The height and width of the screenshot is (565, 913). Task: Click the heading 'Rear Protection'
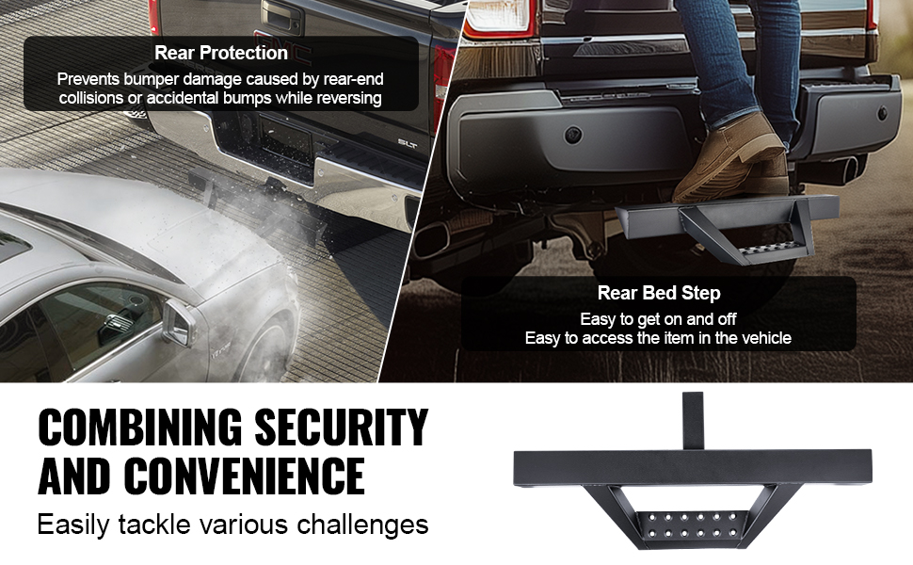click(221, 53)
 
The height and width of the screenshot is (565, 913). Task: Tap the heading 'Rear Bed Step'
click(659, 293)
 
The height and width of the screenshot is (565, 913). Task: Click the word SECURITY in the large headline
click(342, 428)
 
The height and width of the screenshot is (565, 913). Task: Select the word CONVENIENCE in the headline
click(244, 476)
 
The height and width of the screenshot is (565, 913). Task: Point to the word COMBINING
click(139, 428)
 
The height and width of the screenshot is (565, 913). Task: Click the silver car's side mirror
click(179, 322)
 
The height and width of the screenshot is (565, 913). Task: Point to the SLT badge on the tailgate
click(407, 143)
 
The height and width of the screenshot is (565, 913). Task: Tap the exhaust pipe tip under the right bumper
click(847, 168)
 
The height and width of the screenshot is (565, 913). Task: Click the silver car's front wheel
click(274, 344)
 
